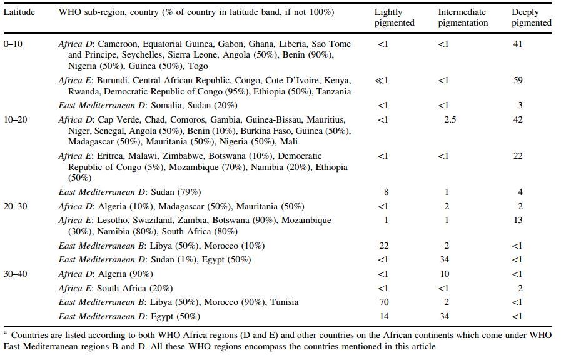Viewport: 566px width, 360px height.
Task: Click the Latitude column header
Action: (19, 12)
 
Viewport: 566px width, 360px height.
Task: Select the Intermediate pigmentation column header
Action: (462, 17)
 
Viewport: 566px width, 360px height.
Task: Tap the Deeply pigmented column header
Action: (531, 17)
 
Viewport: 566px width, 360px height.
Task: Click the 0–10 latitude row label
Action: (13, 44)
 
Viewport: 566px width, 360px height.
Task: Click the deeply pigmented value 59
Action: (518, 81)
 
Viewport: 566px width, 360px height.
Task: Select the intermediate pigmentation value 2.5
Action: (450, 119)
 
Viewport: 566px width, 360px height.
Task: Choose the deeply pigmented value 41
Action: (518, 44)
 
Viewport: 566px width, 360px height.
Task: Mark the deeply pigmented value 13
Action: (518, 221)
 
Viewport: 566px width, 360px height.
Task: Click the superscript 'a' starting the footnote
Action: (5, 332)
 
